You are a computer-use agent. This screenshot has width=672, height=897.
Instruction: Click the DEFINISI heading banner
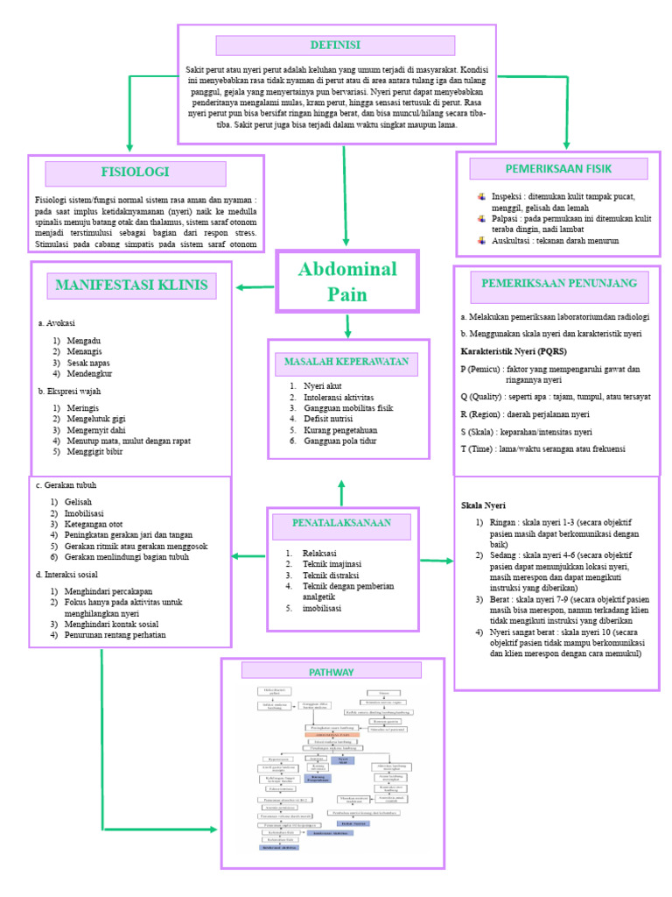[x=335, y=46]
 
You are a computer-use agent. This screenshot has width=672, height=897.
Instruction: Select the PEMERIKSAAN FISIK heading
[x=558, y=168]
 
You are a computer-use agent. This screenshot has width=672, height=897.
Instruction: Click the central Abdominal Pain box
[x=347, y=281]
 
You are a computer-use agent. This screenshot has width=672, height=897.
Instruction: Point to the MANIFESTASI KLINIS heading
[x=132, y=285]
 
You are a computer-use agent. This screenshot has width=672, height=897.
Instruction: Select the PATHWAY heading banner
[x=332, y=672]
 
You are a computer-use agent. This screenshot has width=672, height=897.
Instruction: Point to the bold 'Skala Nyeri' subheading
[x=484, y=506]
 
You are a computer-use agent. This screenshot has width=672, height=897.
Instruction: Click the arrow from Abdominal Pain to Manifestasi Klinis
[x=255, y=286]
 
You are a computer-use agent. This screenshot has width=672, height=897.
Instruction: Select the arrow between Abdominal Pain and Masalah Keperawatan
[x=348, y=325]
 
